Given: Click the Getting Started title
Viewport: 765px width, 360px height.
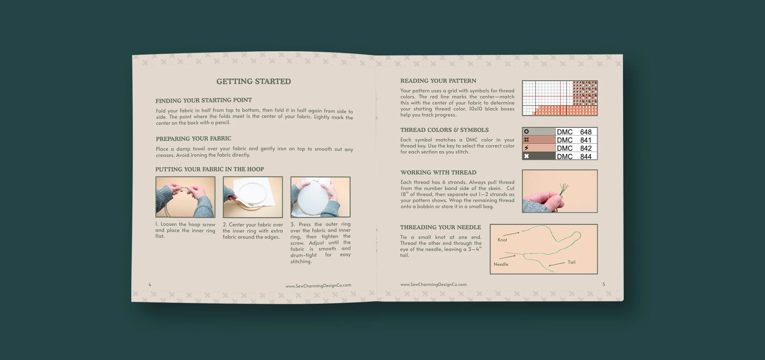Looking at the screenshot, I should click(x=253, y=82).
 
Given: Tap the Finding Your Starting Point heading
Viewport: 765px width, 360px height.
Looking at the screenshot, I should click(x=203, y=100).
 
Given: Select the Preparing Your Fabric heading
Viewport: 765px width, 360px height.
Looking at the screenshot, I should click(x=193, y=139).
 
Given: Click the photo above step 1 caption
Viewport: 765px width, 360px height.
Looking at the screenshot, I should click(x=185, y=197).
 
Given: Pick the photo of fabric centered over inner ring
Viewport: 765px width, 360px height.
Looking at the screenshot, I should click(x=252, y=197).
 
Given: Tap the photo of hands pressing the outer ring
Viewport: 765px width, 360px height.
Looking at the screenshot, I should click(x=320, y=197).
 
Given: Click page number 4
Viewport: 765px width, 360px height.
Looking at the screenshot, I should click(x=150, y=284).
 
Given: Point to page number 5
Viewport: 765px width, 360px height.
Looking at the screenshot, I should click(x=603, y=284).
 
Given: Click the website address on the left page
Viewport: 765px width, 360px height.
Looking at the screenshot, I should click(x=318, y=285).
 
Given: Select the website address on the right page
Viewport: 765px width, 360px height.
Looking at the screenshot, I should click(x=433, y=284).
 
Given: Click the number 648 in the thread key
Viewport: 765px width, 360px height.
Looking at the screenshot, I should click(x=586, y=132).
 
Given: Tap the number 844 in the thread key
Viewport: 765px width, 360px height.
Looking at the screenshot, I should click(x=586, y=156).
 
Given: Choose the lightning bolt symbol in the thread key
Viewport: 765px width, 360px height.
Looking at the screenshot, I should click(x=526, y=148).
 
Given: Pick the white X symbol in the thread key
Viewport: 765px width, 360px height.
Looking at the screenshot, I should click(x=526, y=156).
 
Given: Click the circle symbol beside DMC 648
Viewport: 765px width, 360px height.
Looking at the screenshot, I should click(x=526, y=131).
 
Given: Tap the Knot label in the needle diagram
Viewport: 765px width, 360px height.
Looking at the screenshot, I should click(x=502, y=240).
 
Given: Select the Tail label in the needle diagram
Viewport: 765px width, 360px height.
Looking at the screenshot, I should click(x=571, y=262).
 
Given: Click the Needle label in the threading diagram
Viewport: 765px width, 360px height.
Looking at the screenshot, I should click(x=501, y=264).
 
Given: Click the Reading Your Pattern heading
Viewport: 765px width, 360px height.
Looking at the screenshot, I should click(x=438, y=81).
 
